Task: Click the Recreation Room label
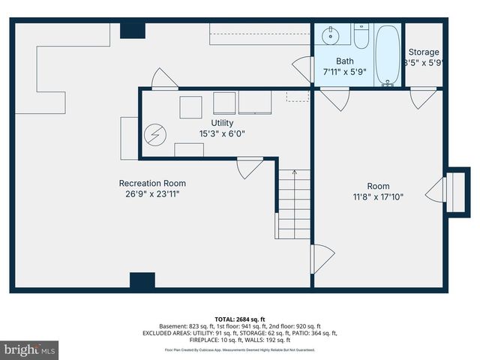coord(152,183)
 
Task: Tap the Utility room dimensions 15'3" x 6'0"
coord(222,133)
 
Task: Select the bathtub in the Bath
coord(388,56)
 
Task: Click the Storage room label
coord(424,52)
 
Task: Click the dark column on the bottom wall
coord(142,280)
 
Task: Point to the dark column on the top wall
coord(133,30)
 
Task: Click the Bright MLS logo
coord(30,349)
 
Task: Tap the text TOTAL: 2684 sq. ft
coord(240,319)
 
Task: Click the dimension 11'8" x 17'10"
coord(378,197)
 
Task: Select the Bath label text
coord(344,61)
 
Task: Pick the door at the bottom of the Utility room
coord(249,166)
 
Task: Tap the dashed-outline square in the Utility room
coord(298,97)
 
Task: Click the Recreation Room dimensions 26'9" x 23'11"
coord(152,193)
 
